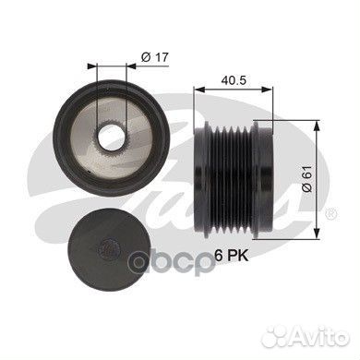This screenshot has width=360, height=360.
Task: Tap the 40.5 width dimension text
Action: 234,80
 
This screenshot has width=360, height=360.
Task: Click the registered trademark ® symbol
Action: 332,213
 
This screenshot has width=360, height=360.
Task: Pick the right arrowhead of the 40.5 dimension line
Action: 272,90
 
